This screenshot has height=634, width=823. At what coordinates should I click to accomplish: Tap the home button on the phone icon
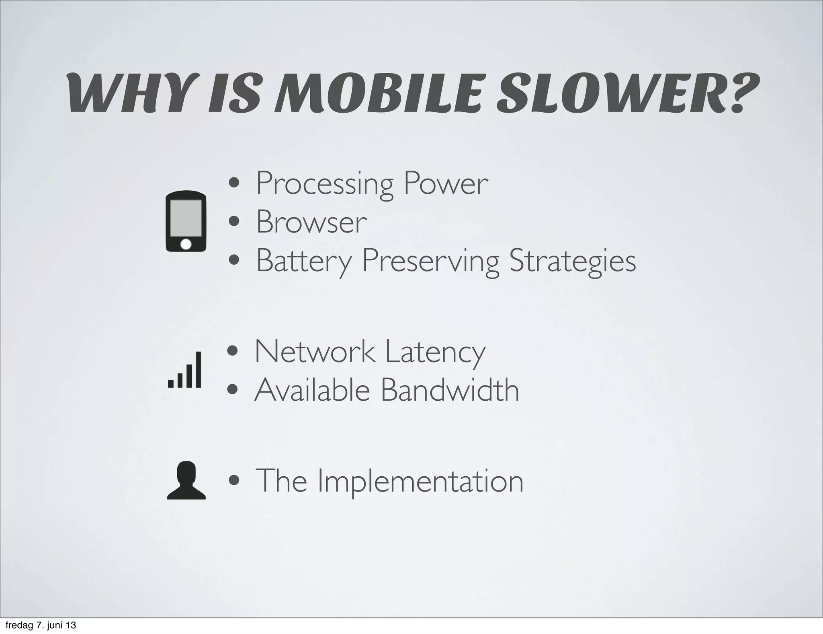click(x=186, y=244)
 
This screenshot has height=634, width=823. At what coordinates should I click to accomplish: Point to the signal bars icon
click(x=184, y=370)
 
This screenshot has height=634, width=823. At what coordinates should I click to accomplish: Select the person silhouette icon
click(x=186, y=481)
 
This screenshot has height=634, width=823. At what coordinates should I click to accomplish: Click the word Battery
click(x=304, y=261)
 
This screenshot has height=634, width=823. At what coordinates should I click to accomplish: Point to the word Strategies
click(x=572, y=261)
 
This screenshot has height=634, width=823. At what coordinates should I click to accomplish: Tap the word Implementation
click(x=420, y=481)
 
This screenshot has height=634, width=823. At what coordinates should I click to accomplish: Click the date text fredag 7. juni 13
click(x=41, y=626)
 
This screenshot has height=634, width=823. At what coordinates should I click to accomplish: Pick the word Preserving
click(x=430, y=261)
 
